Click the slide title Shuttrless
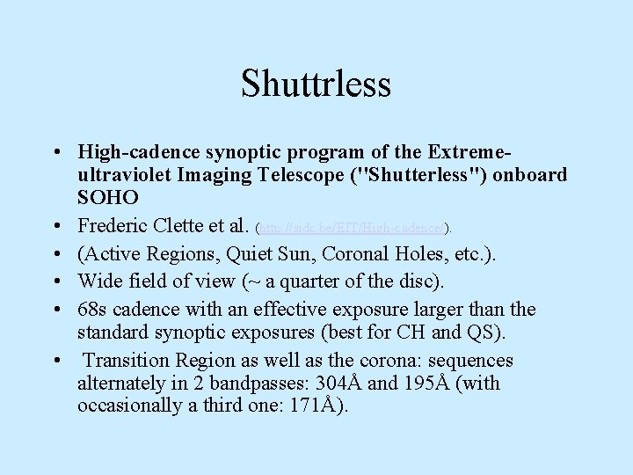click(316, 84)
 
